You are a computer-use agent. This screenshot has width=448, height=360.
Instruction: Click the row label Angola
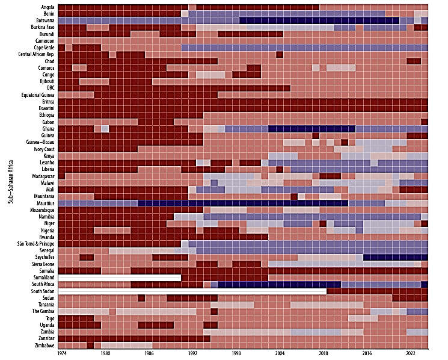coord(47,7)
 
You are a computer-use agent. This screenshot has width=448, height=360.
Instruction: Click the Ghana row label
coord(48,129)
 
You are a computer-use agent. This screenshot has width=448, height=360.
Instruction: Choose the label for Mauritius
coord(44,203)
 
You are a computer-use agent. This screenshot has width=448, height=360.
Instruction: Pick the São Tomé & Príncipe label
coord(35,244)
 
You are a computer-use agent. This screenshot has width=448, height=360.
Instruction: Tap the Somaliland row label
coord(43,278)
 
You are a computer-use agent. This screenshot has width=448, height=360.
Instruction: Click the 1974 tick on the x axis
coord(62,354)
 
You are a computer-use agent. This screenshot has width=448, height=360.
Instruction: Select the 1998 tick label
coord(236,354)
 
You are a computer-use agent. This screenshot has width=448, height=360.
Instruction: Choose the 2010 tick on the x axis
coord(324,354)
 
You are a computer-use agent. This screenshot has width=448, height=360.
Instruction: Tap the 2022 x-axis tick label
coord(411,354)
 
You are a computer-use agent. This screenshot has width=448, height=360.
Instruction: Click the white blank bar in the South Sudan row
coord(192,291)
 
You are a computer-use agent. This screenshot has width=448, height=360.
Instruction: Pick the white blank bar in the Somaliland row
coord(120,278)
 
